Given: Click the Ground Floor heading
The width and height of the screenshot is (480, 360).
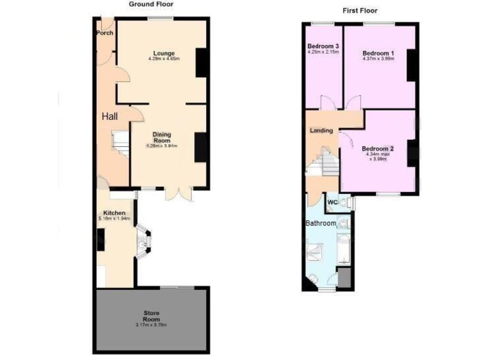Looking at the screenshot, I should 151,4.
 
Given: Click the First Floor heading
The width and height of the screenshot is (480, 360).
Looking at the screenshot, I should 360,11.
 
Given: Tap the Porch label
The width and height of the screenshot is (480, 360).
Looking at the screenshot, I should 104,33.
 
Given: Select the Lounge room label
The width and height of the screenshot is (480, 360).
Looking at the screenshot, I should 164,53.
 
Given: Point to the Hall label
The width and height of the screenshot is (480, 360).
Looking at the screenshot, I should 110,116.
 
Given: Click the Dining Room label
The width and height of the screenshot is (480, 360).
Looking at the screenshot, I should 162,137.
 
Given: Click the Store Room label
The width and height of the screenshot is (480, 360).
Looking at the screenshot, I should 151,315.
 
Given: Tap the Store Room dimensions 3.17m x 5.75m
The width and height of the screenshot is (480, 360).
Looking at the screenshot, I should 151,325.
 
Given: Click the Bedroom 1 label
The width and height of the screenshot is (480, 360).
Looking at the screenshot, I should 379,53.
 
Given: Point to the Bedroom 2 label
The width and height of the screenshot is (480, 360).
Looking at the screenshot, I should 377,149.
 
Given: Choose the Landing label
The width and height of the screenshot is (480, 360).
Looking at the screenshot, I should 321,131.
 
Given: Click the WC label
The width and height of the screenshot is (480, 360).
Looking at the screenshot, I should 332,202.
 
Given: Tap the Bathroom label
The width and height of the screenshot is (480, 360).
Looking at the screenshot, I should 321,223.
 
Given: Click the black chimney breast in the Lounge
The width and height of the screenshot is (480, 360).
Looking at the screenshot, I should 201,62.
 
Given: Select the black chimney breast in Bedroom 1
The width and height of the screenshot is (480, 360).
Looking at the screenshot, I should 412,65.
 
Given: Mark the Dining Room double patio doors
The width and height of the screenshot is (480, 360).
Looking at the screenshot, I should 179,193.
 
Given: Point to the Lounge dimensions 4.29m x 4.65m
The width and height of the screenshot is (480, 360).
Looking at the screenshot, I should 164,59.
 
